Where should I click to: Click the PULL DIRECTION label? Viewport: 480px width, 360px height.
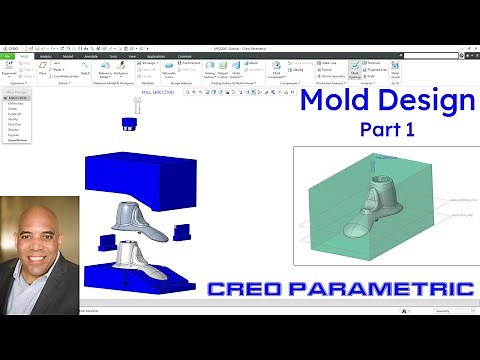coord(158,91)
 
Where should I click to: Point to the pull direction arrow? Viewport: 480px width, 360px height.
coord(132,103)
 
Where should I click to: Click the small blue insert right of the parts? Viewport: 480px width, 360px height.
coord(183,232)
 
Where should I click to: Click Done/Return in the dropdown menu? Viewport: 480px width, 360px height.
coord(18,141)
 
